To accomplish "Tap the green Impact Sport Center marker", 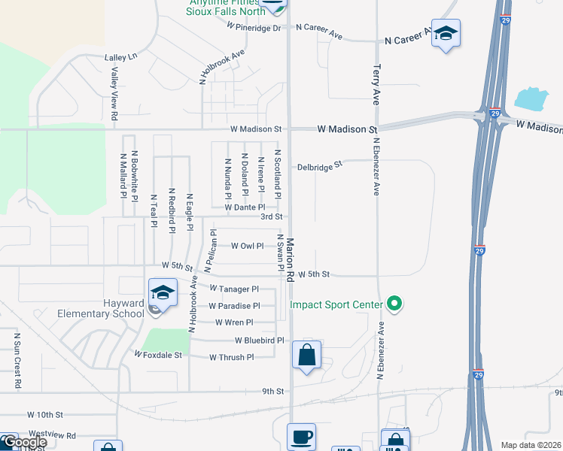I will pyautogui.click(x=394, y=304).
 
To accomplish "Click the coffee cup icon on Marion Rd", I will pyautogui.click(x=301, y=435).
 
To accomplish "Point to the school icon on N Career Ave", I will pyautogui.click(x=446, y=33).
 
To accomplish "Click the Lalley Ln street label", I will pyautogui.click(x=121, y=57).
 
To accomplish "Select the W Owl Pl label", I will pyautogui.click(x=247, y=246).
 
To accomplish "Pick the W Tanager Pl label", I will pyautogui.click(x=234, y=289).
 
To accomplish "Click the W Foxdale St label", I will pyautogui.click(x=158, y=353).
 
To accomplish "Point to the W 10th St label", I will pyautogui.click(x=46, y=414).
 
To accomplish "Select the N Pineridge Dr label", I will pyautogui.click(x=254, y=26).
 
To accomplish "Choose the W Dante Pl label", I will pyautogui.click(x=245, y=207).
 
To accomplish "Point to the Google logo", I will pyautogui.click(x=24, y=443).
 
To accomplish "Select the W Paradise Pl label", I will pyautogui.click(x=234, y=306).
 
